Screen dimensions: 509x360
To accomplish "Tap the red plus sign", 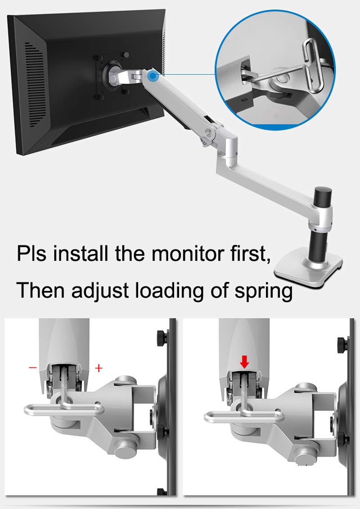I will [99, 368].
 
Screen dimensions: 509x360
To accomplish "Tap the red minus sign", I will [32, 367].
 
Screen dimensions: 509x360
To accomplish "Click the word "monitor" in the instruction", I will [184, 253].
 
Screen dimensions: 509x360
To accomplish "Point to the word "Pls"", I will [33, 253].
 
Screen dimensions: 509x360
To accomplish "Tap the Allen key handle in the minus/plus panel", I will [63, 409].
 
